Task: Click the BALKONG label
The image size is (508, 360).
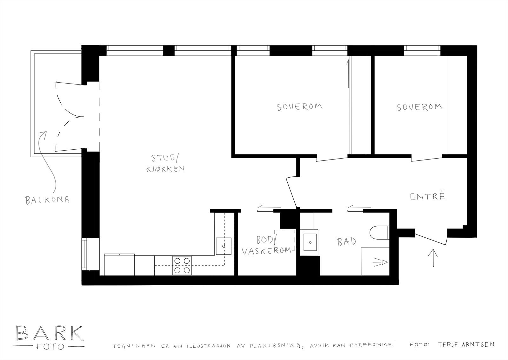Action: [47, 200]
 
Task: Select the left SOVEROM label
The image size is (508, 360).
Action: [299, 106]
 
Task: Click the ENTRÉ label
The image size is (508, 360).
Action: [427, 197]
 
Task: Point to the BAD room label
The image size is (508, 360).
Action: [346, 241]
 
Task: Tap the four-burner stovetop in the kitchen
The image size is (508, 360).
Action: [182, 266]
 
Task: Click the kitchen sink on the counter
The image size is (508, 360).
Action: [224, 246]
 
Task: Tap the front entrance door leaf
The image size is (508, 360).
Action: [430, 239]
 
